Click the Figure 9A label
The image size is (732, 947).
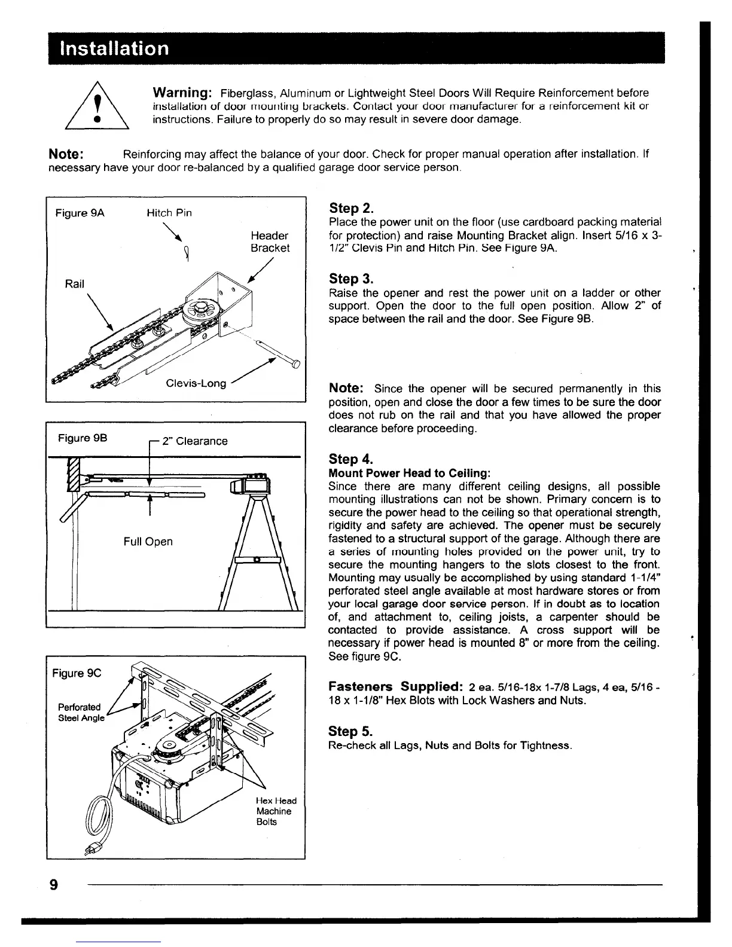tap(80, 213)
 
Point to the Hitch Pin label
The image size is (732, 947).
tap(169, 213)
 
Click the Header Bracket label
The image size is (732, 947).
tap(270, 242)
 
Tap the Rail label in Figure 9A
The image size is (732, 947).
tap(74, 284)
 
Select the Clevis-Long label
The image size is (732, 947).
tap(196, 383)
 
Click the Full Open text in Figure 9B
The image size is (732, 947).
tap(148, 542)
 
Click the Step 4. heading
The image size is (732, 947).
tap(351, 459)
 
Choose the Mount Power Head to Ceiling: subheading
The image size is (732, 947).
tap(410, 473)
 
